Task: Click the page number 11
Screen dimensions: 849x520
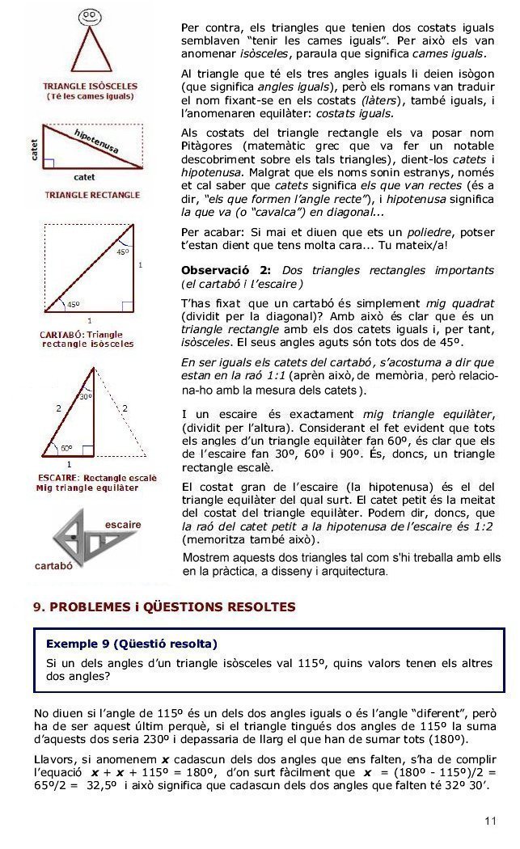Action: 490,822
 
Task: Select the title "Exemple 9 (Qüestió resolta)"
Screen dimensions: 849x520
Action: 132,644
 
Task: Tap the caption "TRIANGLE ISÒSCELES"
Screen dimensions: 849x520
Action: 90,86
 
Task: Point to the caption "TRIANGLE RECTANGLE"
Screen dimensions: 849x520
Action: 92,195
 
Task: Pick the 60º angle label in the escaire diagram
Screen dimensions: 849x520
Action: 66,447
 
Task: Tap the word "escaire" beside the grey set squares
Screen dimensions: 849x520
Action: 123,525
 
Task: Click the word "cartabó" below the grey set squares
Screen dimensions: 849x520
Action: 55,565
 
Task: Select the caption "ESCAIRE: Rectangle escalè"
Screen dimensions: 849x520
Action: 98,478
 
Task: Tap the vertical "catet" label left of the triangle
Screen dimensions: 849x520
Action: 35,148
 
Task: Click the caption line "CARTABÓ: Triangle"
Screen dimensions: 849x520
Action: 81,334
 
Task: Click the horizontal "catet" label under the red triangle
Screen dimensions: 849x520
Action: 85,176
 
